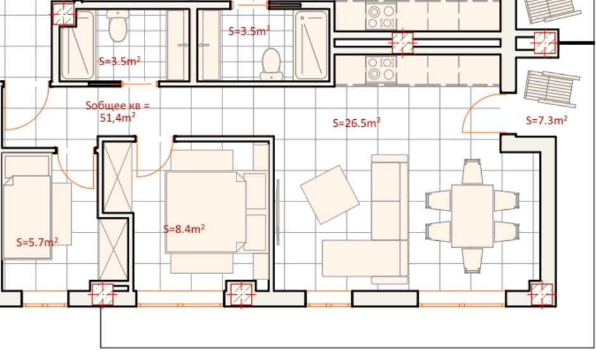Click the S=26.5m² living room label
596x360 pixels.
pos(356,123)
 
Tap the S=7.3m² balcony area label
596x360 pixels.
pos(547,120)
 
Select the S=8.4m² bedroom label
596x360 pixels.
pos(184,229)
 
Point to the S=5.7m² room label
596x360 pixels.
pos(37,241)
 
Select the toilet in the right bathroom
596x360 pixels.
pos(271,63)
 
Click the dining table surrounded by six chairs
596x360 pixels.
pos(472,215)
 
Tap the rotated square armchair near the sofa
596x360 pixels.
pos(329,194)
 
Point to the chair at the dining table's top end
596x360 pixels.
pos(472,172)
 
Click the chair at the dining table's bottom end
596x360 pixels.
pos(472,259)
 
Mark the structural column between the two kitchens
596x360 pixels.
pos(403,43)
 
